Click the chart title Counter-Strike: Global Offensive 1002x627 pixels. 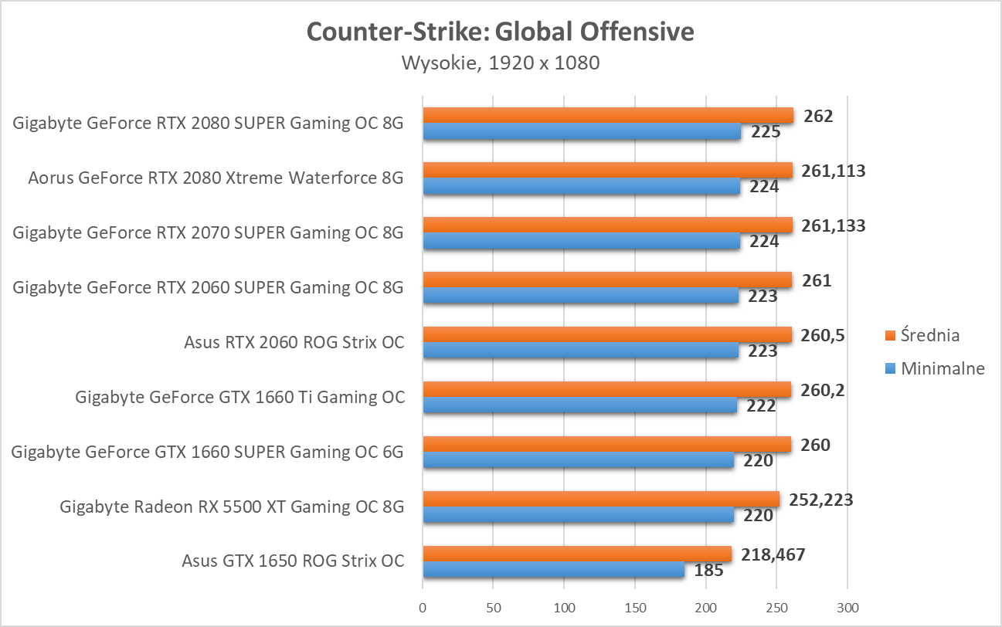pyautogui.click(x=500, y=32)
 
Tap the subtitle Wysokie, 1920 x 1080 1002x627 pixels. pyautogui.click(x=500, y=63)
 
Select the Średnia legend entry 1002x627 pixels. pyautogui.click(x=925, y=335)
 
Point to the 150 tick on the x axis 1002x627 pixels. pyautogui.click(x=635, y=608)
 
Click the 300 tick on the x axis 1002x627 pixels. pyautogui.click(x=847, y=608)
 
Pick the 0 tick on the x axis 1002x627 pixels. pyautogui.click(x=423, y=608)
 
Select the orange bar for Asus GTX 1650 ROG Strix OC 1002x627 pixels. pyautogui.click(x=576, y=554)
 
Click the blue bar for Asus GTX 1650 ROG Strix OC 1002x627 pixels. pyautogui.click(x=553, y=571)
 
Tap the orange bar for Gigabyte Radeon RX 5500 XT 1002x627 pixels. pyautogui.click(x=600, y=500)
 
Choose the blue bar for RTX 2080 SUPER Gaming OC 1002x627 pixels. pyautogui.click(x=581, y=132)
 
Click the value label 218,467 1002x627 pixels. pyautogui.click(x=773, y=554)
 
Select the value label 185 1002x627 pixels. pyautogui.click(x=708, y=571)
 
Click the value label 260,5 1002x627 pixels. pyautogui.click(x=823, y=335)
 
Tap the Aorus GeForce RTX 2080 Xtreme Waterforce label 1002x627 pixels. pyautogui.click(x=216, y=178)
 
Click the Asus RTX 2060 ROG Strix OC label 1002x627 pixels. pyautogui.click(x=294, y=342)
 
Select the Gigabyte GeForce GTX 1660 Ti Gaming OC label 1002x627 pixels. pyautogui.click(x=239, y=397)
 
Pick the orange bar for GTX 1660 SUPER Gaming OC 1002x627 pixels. pyautogui.click(x=606, y=445)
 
